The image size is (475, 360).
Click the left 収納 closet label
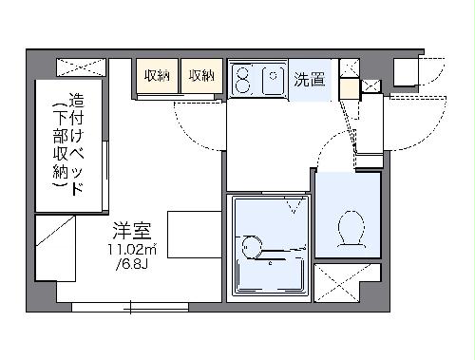[157, 76]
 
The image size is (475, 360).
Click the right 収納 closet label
[200, 76]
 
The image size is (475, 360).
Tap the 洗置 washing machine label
[308, 79]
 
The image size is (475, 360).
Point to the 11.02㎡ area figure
[131, 249]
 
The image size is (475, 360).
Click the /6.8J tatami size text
[131, 264]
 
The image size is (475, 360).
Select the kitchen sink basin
[274, 80]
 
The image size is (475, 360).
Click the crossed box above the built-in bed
[83, 67]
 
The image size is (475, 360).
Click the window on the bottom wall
[129, 306]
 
